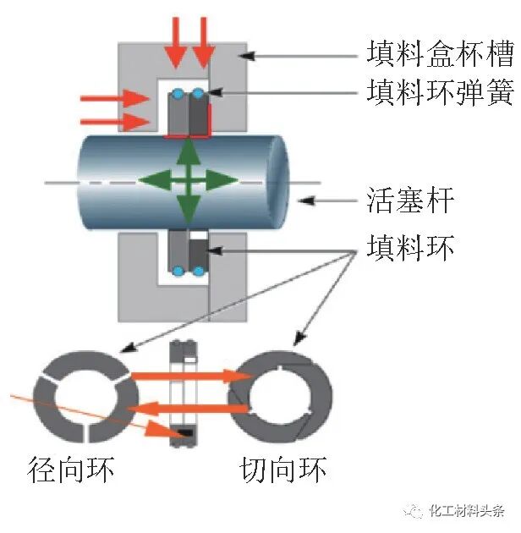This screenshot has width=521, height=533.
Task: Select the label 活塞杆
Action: [x=411, y=201]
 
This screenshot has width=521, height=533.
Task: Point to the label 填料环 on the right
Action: [x=411, y=247]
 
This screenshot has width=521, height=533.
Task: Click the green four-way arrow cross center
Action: [x=189, y=179]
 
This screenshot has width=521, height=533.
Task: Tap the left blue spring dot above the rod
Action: [x=178, y=92]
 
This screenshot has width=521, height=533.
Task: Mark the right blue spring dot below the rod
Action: [x=198, y=271]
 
